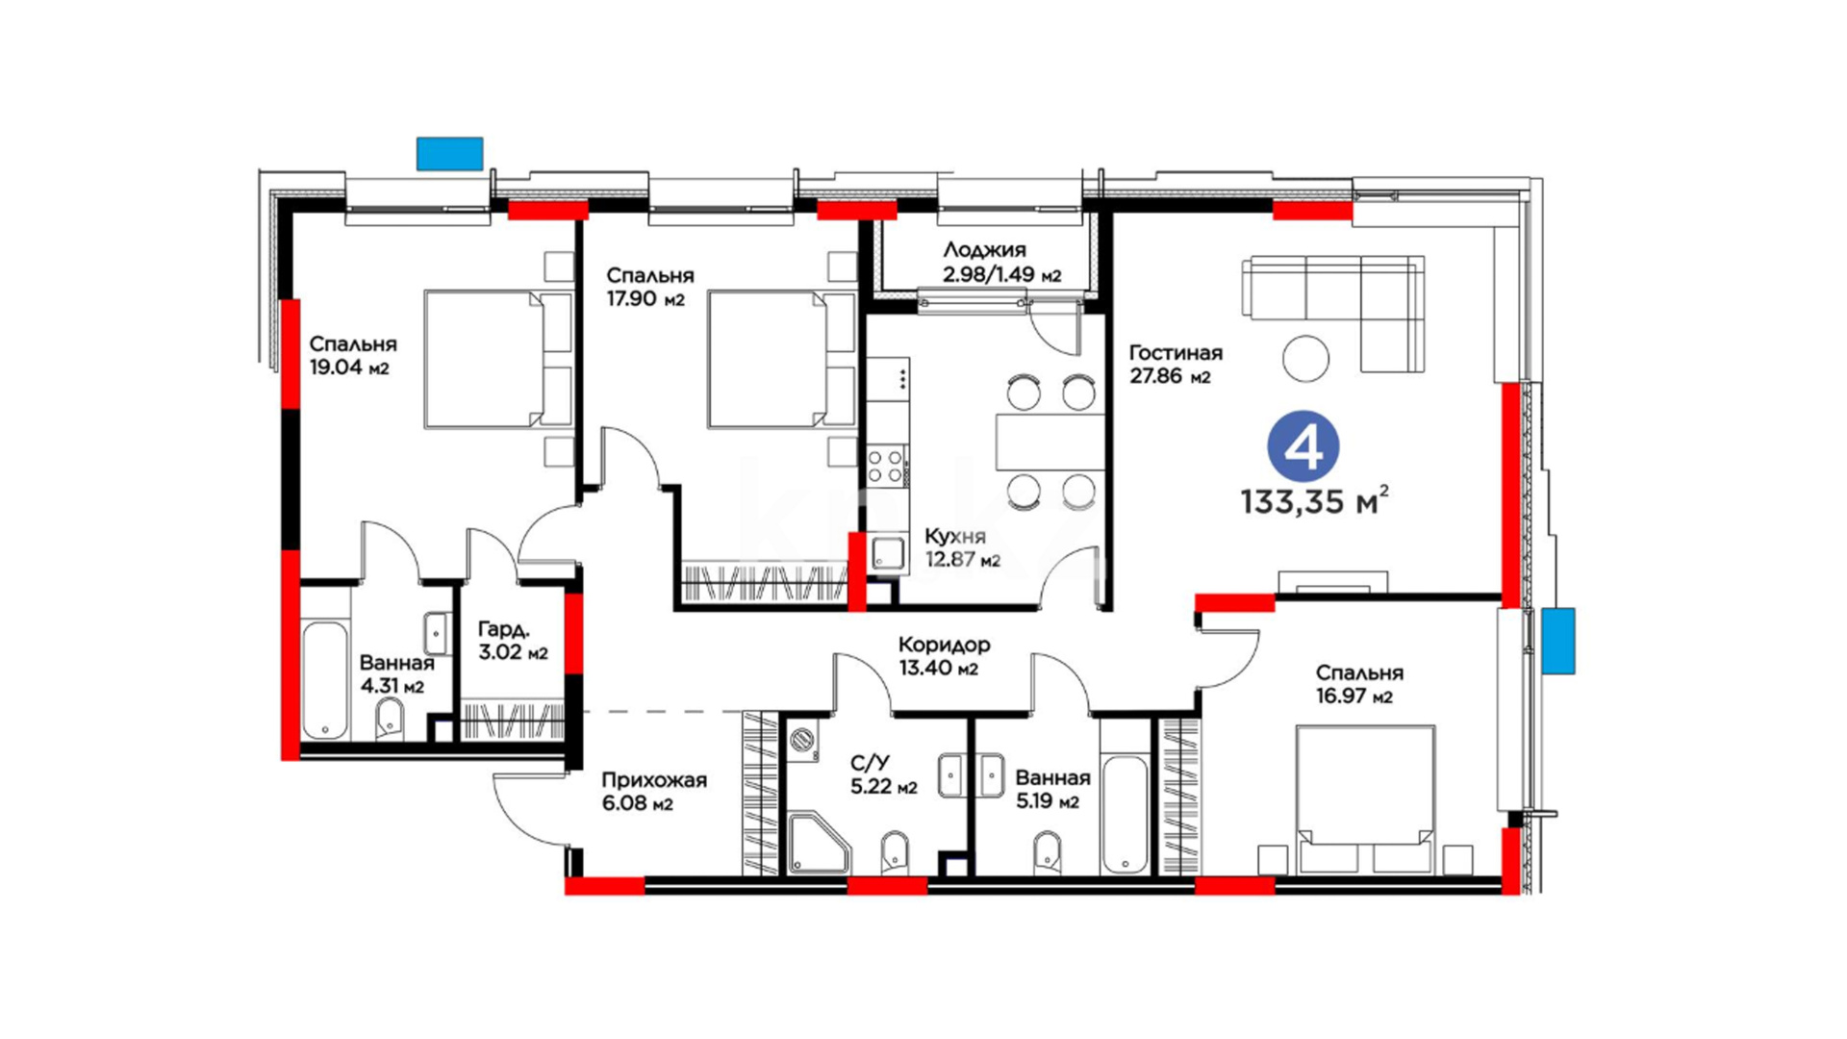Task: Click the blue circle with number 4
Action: (x=1303, y=445)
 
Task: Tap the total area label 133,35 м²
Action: (x=1314, y=500)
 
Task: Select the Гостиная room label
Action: (x=1176, y=353)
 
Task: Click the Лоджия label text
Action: (x=984, y=250)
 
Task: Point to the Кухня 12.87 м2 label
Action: (x=962, y=547)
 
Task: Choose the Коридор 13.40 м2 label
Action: (x=944, y=655)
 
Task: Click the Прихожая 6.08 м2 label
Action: (x=654, y=791)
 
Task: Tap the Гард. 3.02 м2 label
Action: (x=513, y=641)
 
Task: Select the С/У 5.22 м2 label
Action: (x=883, y=774)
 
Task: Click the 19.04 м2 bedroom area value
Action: (x=349, y=367)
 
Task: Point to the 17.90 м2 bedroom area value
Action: (x=645, y=298)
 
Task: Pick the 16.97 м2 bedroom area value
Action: (x=1354, y=697)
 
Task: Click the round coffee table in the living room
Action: (x=1306, y=358)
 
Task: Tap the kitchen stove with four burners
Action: (x=886, y=467)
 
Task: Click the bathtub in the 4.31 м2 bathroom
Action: (x=324, y=680)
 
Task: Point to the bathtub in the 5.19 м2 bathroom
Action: (x=1125, y=814)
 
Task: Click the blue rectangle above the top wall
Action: (x=449, y=154)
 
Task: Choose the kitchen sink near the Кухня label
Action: (x=888, y=554)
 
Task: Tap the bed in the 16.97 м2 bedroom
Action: (x=1365, y=800)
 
